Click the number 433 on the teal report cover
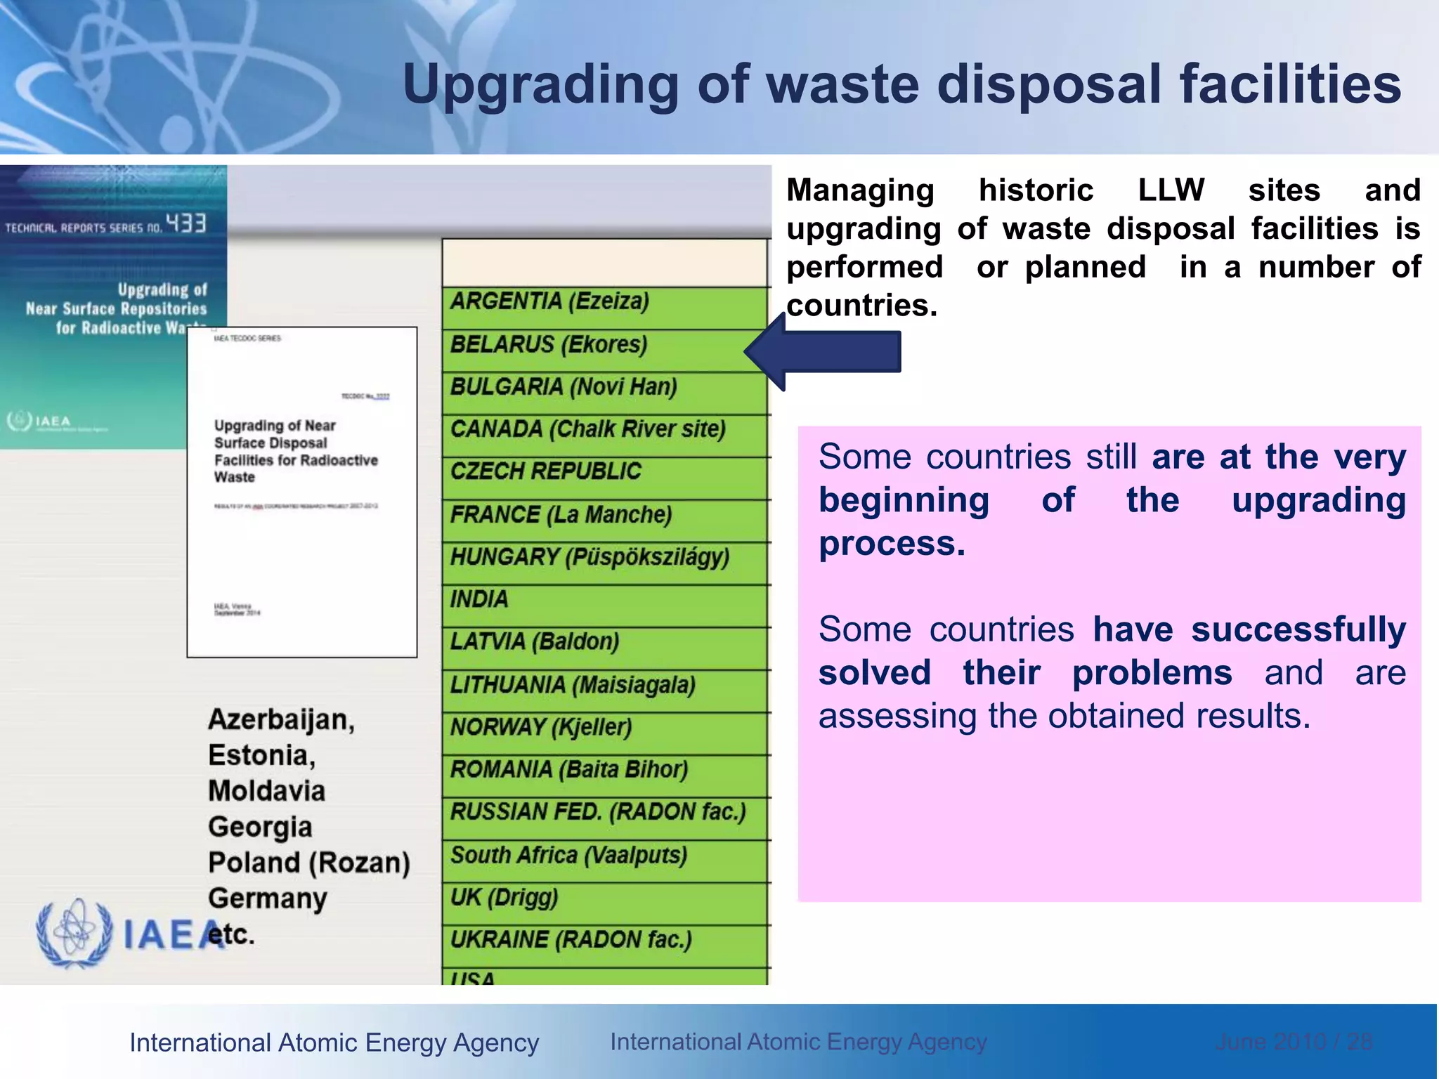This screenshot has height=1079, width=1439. [186, 223]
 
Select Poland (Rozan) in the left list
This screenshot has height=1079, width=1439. [309, 863]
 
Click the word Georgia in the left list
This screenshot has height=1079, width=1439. [260, 828]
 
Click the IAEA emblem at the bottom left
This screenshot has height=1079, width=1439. [74, 934]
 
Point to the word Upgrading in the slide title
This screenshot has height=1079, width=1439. [540, 85]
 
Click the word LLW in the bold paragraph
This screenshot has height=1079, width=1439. [1171, 190]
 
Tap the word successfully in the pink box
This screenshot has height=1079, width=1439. [1298, 629]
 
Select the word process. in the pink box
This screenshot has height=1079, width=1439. [892, 544]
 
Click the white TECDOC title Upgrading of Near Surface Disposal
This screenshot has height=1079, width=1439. [295, 451]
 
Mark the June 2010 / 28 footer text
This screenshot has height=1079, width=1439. [1294, 1042]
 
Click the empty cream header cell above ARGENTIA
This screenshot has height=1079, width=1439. [604, 263]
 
